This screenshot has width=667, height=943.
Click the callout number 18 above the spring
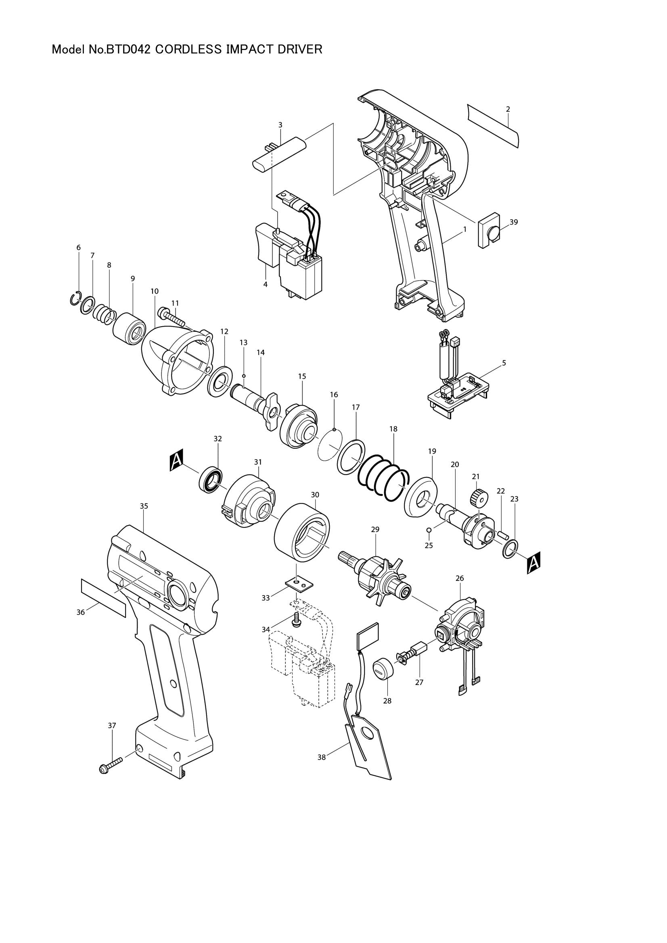click(x=393, y=429)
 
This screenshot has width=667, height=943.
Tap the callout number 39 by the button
click(x=514, y=222)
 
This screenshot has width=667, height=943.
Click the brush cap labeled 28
click(x=383, y=670)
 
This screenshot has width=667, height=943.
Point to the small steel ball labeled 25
click(x=429, y=530)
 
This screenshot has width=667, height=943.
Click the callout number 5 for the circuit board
click(x=504, y=363)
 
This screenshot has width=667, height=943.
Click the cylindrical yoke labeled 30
click(x=303, y=532)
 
